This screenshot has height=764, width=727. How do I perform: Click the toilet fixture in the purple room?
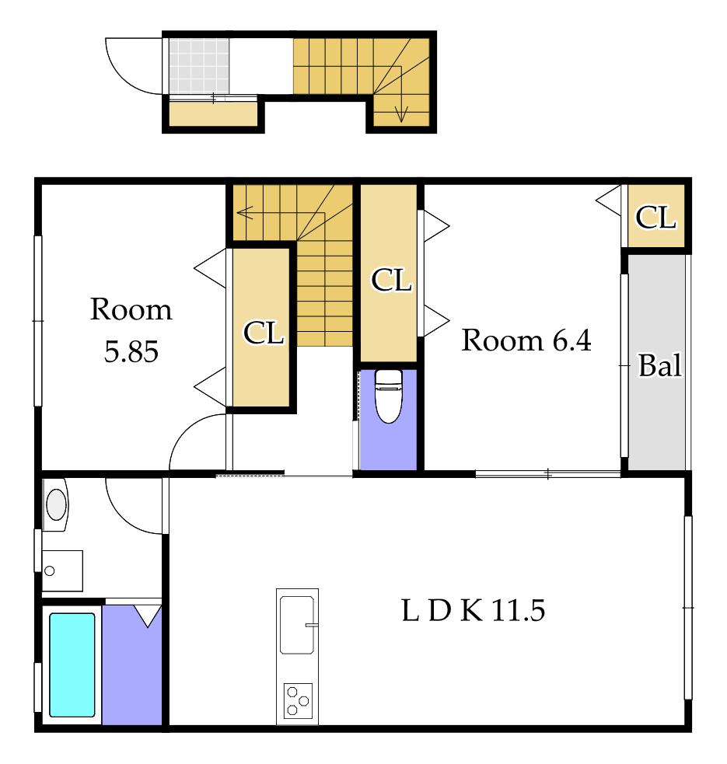(388, 396)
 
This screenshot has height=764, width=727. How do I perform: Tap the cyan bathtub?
(72, 665)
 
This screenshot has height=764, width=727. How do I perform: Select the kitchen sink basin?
(296, 625)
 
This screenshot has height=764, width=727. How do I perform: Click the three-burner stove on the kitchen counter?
(298, 701)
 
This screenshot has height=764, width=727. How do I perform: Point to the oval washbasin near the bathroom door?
(56, 504)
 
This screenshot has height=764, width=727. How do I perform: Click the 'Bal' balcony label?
(659, 365)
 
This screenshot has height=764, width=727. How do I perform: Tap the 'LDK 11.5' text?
(473, 610)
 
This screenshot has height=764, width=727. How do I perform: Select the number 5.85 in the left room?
(131, 351)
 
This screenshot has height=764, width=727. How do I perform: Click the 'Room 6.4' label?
(526, 340)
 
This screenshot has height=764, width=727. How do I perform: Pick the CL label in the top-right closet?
(655, 218)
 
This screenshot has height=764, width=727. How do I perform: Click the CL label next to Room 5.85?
(264, 333)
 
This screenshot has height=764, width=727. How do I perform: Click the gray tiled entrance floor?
(199, 65)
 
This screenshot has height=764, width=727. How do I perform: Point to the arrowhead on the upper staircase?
(400, 116)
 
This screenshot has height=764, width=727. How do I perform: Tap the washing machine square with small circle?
(62, 570)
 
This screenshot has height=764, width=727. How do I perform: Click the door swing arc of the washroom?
(123, 518)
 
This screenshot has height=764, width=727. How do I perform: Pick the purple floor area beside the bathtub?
(132, 665)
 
